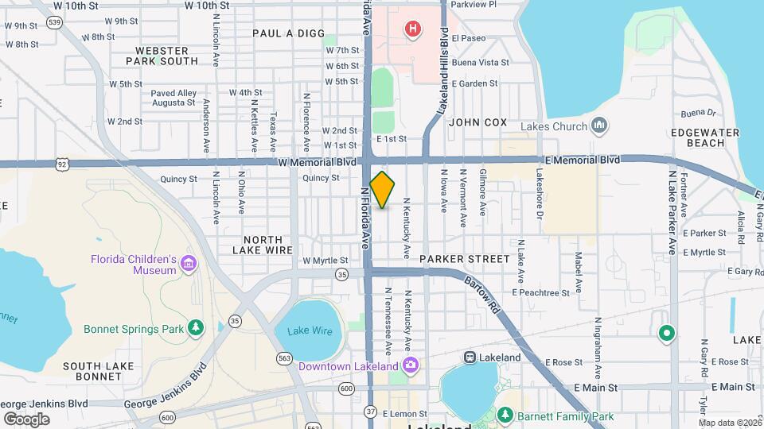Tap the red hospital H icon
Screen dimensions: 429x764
[x=412, y=30]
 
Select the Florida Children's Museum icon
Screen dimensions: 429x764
[x=188, y=264]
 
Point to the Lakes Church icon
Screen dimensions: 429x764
[x=599, y=126]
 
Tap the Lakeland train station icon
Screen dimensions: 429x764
[x=470, y=357]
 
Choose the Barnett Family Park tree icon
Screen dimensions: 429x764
[x=503, y=415]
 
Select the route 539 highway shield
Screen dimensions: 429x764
[x=54, y=22]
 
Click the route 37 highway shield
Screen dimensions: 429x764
[x=371, y=411]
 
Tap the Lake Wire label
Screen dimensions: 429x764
[x=309, y=331]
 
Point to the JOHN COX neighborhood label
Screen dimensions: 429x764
[x=477, y=122]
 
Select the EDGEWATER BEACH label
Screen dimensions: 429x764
[x=697, y=137]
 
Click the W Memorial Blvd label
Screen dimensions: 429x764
[x=317, y=162]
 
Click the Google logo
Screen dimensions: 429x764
[x=26, y=419]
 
